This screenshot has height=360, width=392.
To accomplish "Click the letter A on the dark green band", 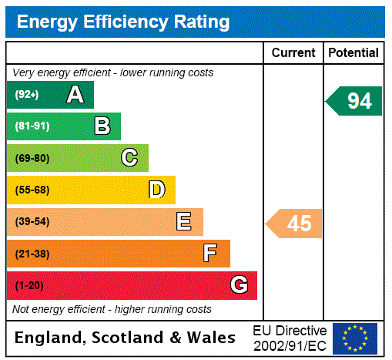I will coord(75,95).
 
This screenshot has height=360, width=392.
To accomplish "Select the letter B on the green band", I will coord(102,126).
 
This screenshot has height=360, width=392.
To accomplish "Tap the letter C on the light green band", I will coord(129,158).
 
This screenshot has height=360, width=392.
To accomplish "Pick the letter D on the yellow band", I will coord(156,190).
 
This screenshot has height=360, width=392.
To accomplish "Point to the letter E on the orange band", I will coord(184,222).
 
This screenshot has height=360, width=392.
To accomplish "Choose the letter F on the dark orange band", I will coord(210,254).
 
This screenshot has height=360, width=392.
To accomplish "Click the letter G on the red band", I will coord(239,285).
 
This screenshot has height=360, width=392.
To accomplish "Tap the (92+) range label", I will coord(27,95).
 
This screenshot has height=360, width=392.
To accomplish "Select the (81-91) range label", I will coord(32,126).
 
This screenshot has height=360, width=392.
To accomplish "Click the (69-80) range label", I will coord(32,158).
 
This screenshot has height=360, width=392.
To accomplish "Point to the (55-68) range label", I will coord(32,190).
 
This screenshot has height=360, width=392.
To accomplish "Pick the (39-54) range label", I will coord(32,222).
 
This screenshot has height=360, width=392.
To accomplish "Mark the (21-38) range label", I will coord(32,254).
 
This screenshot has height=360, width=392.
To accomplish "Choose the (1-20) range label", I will coord(29,285).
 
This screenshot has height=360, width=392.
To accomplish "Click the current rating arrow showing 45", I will coord(295,224).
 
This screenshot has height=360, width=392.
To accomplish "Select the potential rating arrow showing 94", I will coord(354,101).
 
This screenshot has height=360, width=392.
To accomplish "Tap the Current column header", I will coord(293,52).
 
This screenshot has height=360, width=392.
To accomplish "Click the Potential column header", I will coord(353,52).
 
